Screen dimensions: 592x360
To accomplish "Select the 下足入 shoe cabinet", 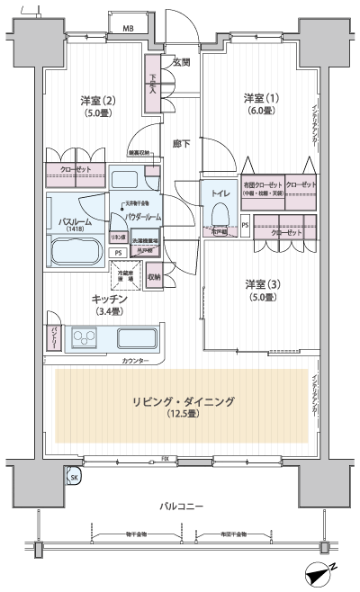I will coord(153,84).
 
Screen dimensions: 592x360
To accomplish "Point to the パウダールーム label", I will coord(141,217).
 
